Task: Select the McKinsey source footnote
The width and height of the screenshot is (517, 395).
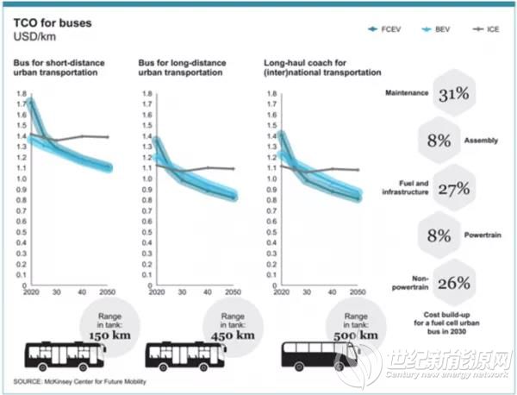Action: (x=80, y=381)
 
